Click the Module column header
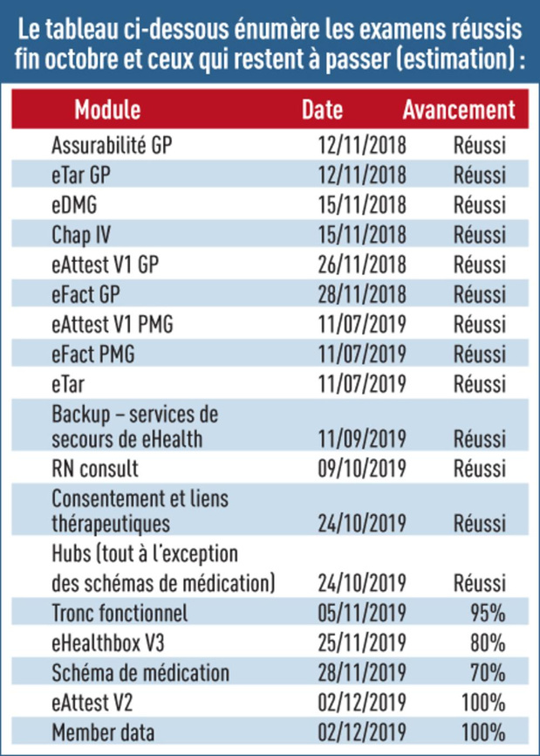107,109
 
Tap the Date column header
322,109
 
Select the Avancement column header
459,109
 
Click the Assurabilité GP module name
112,145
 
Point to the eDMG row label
74,205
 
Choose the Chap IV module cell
81,235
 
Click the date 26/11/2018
362,265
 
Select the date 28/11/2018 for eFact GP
362,294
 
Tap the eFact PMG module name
93,354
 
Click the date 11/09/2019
362,439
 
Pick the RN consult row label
95,469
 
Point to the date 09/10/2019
362,469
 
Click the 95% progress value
488,613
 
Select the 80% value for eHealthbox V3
488,643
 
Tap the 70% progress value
488,672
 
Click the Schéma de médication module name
140,672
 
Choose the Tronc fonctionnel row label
120,613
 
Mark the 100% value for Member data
483,732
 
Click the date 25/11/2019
362,643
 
